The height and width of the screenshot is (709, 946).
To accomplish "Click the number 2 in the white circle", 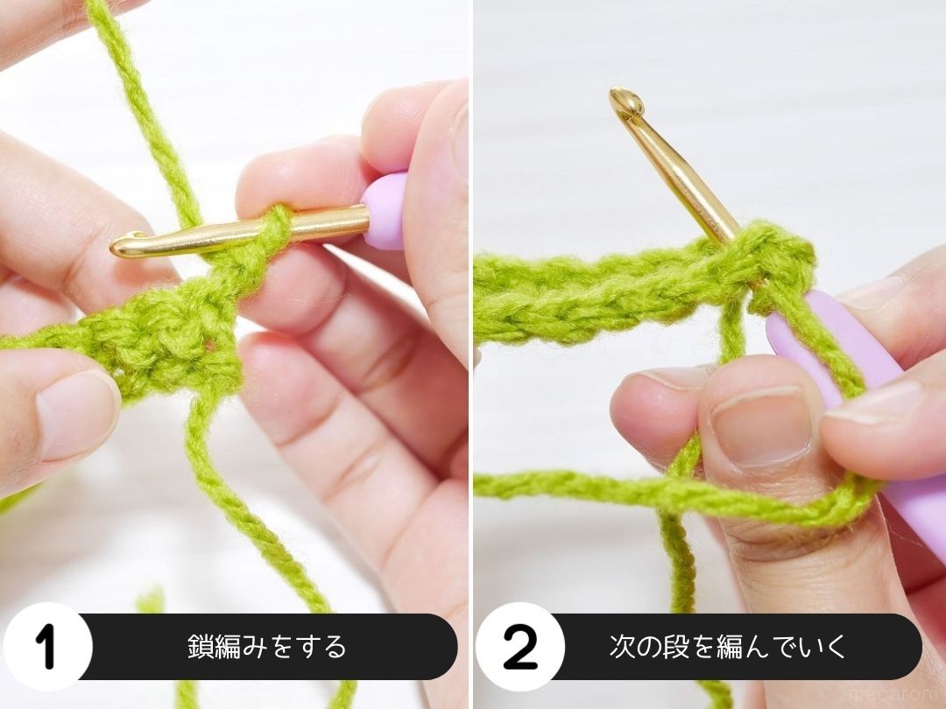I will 520,647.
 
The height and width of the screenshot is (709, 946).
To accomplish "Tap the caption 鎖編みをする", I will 267,647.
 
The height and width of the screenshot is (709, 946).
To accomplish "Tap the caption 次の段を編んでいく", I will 728,647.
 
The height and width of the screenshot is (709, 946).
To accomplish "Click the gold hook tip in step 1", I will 124,247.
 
